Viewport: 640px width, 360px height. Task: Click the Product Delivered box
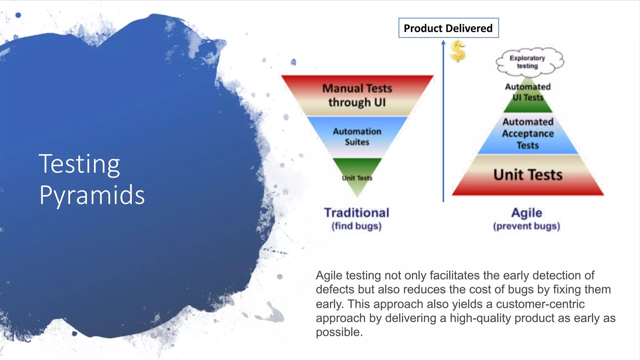[448, 28]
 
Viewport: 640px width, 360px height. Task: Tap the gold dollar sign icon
[458, 51]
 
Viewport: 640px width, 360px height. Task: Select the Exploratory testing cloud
[528, 62]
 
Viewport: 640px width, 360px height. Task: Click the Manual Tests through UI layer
[357, 95]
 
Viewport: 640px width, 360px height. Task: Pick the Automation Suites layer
[357, 137]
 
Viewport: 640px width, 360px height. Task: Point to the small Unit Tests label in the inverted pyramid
[357, 178]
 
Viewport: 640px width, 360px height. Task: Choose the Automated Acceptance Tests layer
[528, 134]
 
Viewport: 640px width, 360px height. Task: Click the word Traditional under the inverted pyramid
[357, 213]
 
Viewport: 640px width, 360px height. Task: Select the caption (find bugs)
[357, 226]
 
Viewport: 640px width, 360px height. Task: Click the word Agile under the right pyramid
[527, 213]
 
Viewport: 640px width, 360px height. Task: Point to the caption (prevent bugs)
[527, 226]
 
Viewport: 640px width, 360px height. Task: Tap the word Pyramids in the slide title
[92, 195]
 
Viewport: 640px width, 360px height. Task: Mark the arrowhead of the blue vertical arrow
[443, 42]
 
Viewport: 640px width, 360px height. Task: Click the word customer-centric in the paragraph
[540, 304]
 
